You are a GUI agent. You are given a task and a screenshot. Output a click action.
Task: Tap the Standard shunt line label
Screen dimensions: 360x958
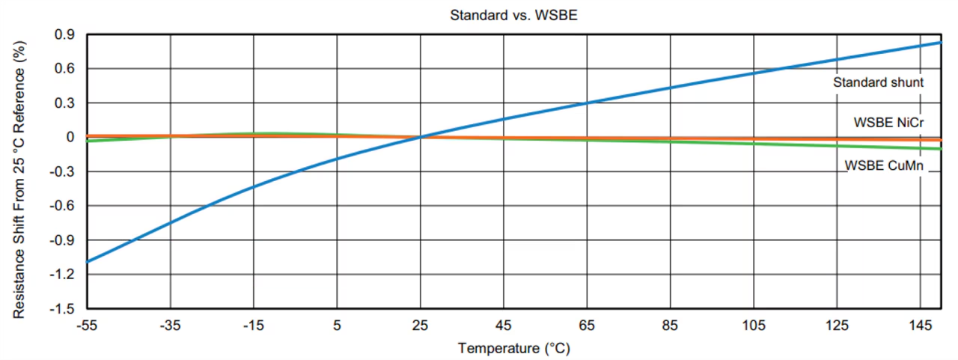click(x=878, y=82)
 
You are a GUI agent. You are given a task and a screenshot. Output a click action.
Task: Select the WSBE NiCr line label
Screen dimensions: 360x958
click(x=888, y=121)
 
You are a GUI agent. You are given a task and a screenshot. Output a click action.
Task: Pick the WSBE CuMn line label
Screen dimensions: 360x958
click(x=884, y=166)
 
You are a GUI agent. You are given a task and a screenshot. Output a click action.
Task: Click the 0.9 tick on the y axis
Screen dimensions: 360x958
click(x=64, y=34)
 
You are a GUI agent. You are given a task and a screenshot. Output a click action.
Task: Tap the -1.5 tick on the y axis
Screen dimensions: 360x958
click(x=63, y=308)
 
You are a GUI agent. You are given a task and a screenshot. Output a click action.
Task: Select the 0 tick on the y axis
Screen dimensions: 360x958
click(x=70, y=137)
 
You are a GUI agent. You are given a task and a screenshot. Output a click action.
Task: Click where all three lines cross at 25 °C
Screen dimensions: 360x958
click(x=421, y=137)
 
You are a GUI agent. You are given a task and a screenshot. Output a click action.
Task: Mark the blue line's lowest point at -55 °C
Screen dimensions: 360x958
click(x=88, y=262)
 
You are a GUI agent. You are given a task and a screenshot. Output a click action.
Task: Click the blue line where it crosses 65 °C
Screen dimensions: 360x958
click(x=587, y=103)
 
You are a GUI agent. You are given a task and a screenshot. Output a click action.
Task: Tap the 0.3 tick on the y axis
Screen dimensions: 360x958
click(x=64, y=103)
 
